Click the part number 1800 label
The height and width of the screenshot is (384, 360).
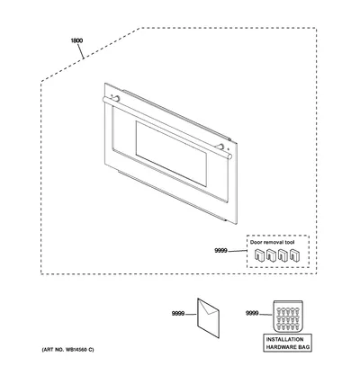(x=76, y=40)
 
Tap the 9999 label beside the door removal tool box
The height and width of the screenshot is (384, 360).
(x=220, y=251)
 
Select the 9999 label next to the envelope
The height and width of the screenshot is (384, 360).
(x=178, y=314)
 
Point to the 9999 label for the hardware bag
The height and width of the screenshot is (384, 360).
(x=252, y=313)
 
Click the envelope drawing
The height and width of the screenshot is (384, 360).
(x=208, y=318)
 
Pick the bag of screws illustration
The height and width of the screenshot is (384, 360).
(x=288, y=317)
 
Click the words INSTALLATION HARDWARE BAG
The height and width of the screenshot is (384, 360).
(x=288, y=344)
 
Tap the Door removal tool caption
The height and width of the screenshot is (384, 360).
(x=273, y=242)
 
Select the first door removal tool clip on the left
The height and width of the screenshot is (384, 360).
(x=258, y=255)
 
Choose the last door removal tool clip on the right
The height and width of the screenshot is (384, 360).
(x=294, y=255)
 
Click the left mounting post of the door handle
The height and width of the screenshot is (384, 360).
(x=115, y=98)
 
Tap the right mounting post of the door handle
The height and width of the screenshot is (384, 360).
(x=220, y=147)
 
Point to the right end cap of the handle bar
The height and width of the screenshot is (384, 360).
(x=229, y=156)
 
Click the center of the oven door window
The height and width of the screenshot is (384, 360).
(x=171, y=154)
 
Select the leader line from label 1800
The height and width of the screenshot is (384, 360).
(x=81, y=50)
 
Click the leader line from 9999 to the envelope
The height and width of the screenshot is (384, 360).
(x=191, y=314)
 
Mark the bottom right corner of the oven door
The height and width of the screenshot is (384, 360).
(x=237, y=224)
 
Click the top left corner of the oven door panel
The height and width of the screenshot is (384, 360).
(x=105, y=83)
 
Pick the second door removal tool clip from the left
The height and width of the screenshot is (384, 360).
(x=271, y=255)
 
